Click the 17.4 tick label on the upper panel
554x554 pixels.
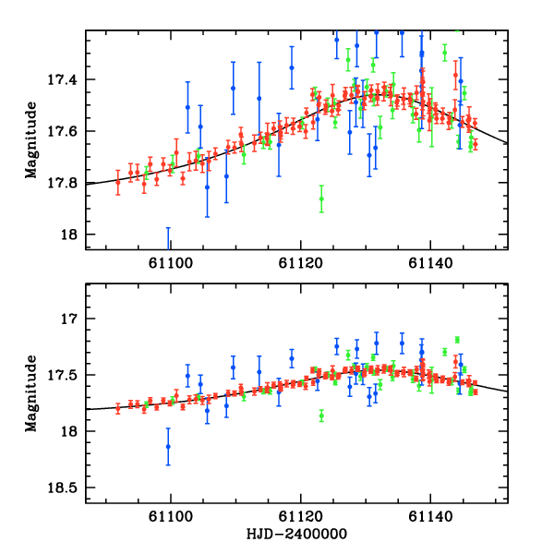[65, 79]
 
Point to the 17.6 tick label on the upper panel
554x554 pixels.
[65, 131]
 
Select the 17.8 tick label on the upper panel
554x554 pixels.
[65, 183]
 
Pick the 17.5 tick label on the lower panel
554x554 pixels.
[65, 375]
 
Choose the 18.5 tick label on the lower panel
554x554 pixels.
[65, 488]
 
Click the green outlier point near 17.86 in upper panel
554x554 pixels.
[321, 199]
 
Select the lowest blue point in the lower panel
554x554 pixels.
[168, 446]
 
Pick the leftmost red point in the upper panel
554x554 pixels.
[118, 181]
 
